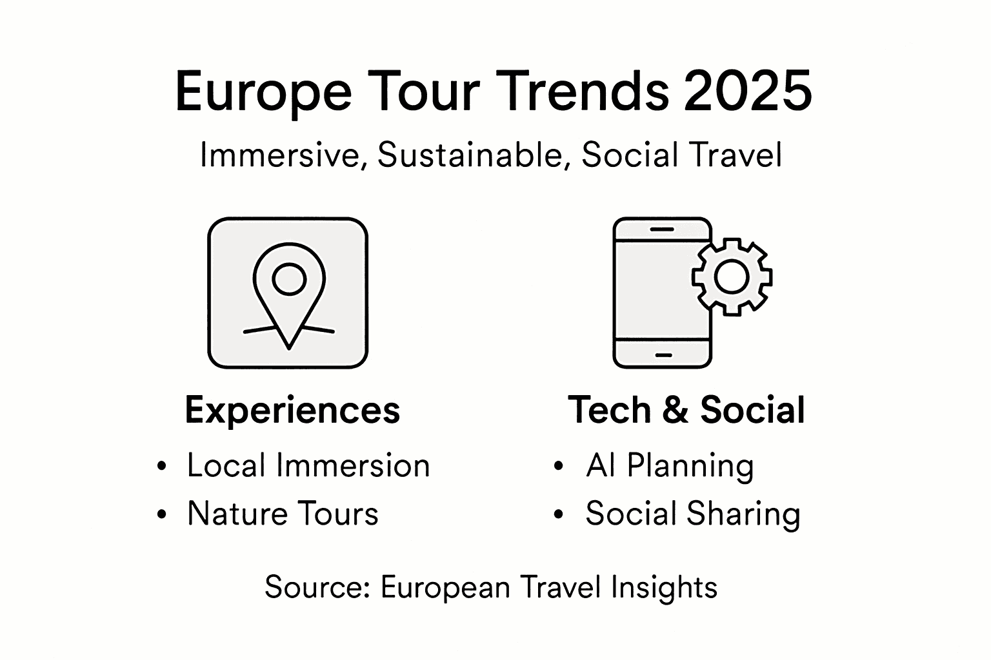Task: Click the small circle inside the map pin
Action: pos(288,278)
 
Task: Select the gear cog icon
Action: pos(732,277)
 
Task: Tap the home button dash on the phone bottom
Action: pos(663,354)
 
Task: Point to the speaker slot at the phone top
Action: pos(663,229)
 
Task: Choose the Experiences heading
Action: pos(292,411)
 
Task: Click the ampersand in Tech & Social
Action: pos(676,411)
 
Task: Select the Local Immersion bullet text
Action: pos(308,465)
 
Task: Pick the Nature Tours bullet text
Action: pos(283,514)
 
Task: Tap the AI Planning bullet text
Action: pos(670,465)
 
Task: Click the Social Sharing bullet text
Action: pos(692,514)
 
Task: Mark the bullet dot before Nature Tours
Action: pos(161,514)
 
